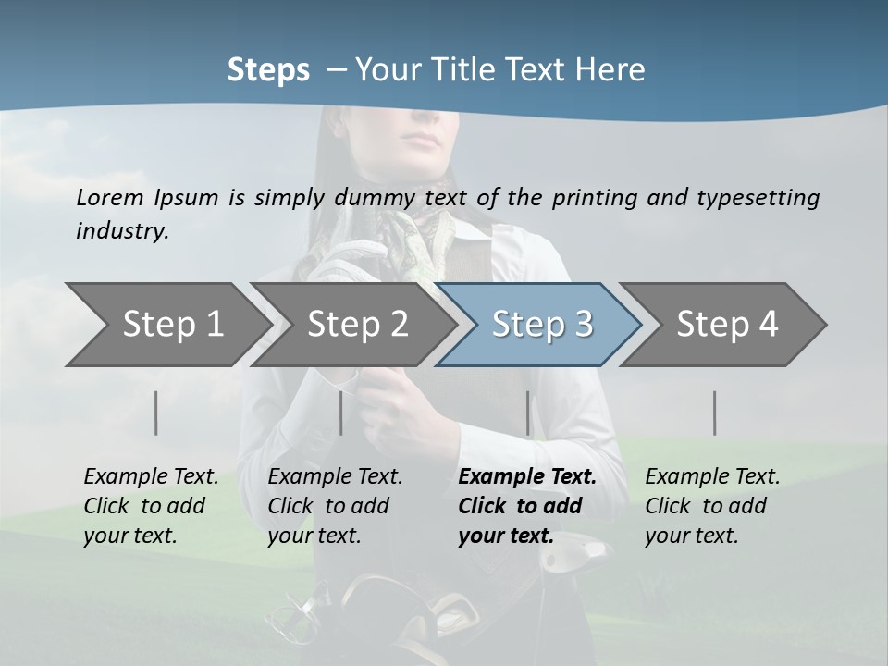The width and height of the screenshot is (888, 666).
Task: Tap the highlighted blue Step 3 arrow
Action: point(541,325)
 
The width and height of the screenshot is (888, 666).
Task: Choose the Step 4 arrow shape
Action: point(727,325)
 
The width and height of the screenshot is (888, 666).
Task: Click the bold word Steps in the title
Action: point(268,70)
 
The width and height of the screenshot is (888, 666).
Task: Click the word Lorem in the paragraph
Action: point(110,198)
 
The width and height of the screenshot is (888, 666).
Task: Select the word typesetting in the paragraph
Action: point(758,198)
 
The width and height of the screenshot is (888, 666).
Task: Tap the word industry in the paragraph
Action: point(121,231)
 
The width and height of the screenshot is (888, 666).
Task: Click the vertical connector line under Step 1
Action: point(156,413)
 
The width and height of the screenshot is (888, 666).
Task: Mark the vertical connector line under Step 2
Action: point(341,413)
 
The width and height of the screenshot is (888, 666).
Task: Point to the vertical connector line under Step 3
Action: point(528,413)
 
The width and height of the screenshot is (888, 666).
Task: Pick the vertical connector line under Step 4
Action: point(715,413)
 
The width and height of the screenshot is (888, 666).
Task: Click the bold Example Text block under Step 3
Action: point(526,506)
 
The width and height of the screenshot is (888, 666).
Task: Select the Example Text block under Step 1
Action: point(151,506)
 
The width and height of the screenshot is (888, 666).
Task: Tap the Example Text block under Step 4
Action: point(712,506)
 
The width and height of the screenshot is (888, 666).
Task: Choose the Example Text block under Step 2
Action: point(335,506)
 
